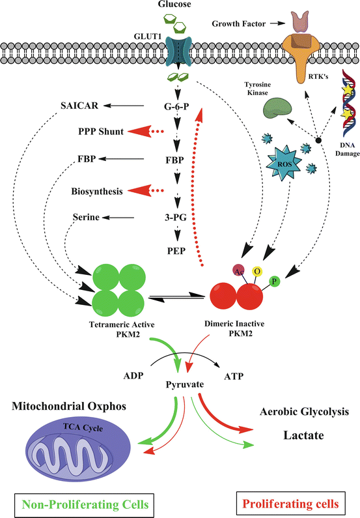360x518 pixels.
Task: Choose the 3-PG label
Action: coord(177,218)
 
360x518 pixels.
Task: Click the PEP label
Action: coord(177,248)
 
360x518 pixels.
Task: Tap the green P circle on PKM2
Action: coord(274,281)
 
